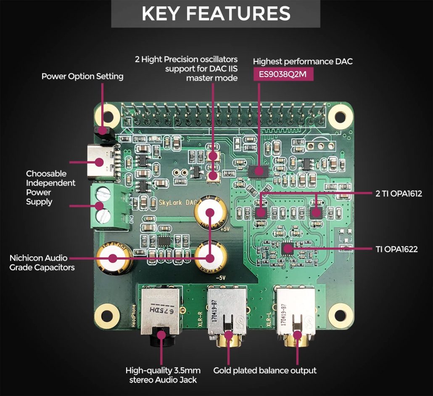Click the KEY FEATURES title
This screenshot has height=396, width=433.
(x=216, y=13)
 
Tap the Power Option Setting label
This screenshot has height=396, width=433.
(x=82, y=76)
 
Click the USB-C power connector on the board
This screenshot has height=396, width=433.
(x=100, y=162)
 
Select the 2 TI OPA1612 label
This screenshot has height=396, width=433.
(x=398, y=194)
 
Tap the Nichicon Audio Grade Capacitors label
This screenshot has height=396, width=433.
(x=42, y=262)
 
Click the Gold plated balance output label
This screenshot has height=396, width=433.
(x=265, y=371)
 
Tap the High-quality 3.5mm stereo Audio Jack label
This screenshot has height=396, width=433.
(x=163, y=375)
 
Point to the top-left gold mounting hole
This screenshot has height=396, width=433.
(x=108, y=114)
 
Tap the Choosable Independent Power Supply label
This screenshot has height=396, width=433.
(x=50, y=187)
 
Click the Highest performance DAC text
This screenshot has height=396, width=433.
(x=303, y=61)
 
